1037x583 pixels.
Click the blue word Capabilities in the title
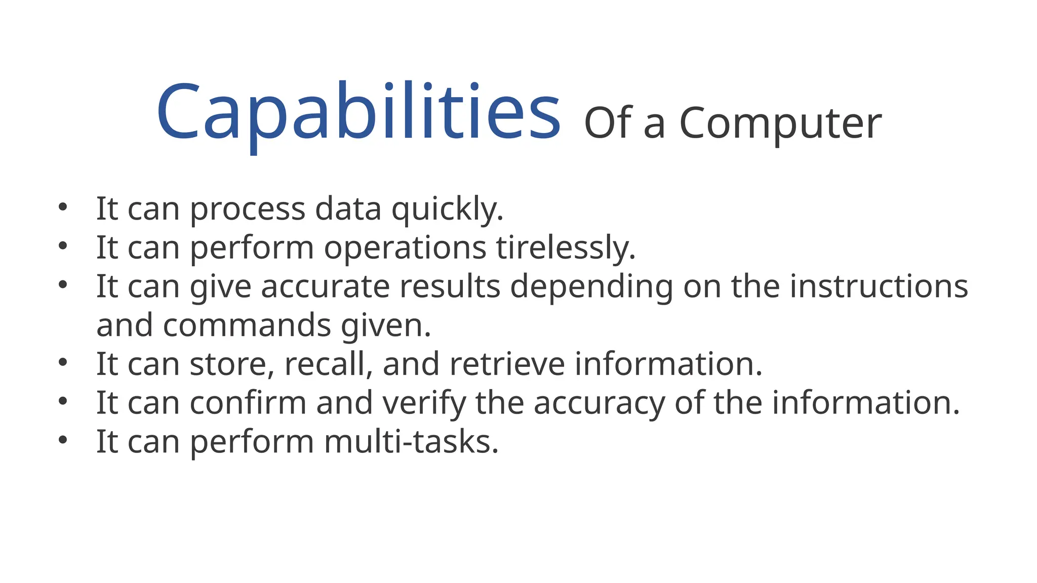click(358, 112)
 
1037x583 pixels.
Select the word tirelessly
click(565, 247)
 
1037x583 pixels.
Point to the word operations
click(405, 247)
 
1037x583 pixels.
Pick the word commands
click(247, 325)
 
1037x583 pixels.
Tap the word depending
click(591, 286)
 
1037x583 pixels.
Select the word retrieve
click(507, 364)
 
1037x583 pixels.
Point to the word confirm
click(248, 403)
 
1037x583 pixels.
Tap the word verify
click(424, 403)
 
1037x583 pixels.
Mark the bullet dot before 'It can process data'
click(63, 207)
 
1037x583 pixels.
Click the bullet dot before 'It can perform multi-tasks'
click(63, 440)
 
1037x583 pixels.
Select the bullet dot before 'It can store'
click(63, 362)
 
